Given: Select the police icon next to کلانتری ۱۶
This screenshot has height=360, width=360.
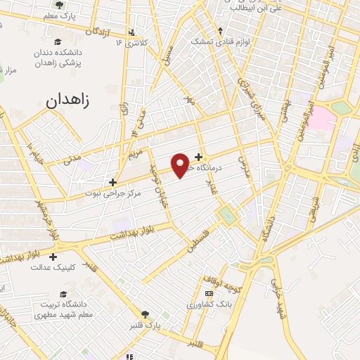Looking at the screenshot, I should [133, 32].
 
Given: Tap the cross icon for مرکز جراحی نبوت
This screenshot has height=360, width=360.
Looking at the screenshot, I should [112, 182].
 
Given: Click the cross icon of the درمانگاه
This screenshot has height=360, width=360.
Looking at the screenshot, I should [199, 157].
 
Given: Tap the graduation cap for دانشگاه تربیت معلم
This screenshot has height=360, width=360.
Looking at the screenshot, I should [63, 293].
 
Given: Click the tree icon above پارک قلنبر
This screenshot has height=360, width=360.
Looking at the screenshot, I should [146, 314].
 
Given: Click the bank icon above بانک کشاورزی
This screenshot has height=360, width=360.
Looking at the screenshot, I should [208, 293].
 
